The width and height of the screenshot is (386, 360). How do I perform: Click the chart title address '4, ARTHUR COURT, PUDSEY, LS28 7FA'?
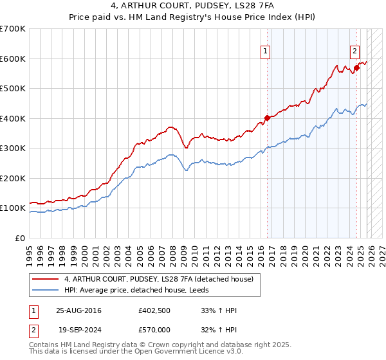coord(192,6)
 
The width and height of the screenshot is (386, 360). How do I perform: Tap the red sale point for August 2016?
coord(267,118)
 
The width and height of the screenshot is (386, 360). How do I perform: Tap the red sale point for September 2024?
coord(356,68)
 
